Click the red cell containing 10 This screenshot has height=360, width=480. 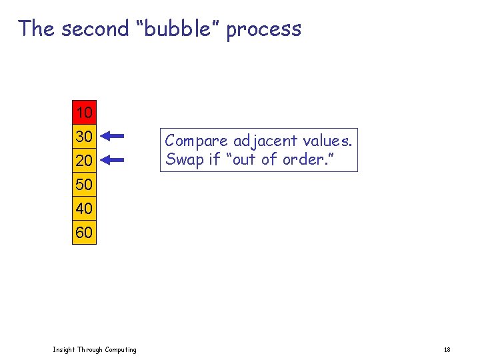click(x=84, y=111)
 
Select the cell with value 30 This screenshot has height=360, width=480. click(x=84, y=136)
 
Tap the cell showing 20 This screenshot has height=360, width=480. click(x=84, y=160)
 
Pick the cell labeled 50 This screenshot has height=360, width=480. click(x=84, y=184)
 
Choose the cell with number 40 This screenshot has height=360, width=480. click(x=84, y=209)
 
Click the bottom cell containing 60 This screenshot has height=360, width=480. click(x=84, y=233)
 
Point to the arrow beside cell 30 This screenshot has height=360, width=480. click(x=114, y=136)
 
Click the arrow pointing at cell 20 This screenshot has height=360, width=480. click(x=114, y=160)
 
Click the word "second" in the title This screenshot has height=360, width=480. click(x=94, y=29)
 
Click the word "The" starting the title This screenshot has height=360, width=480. click(x=37, y=29)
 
